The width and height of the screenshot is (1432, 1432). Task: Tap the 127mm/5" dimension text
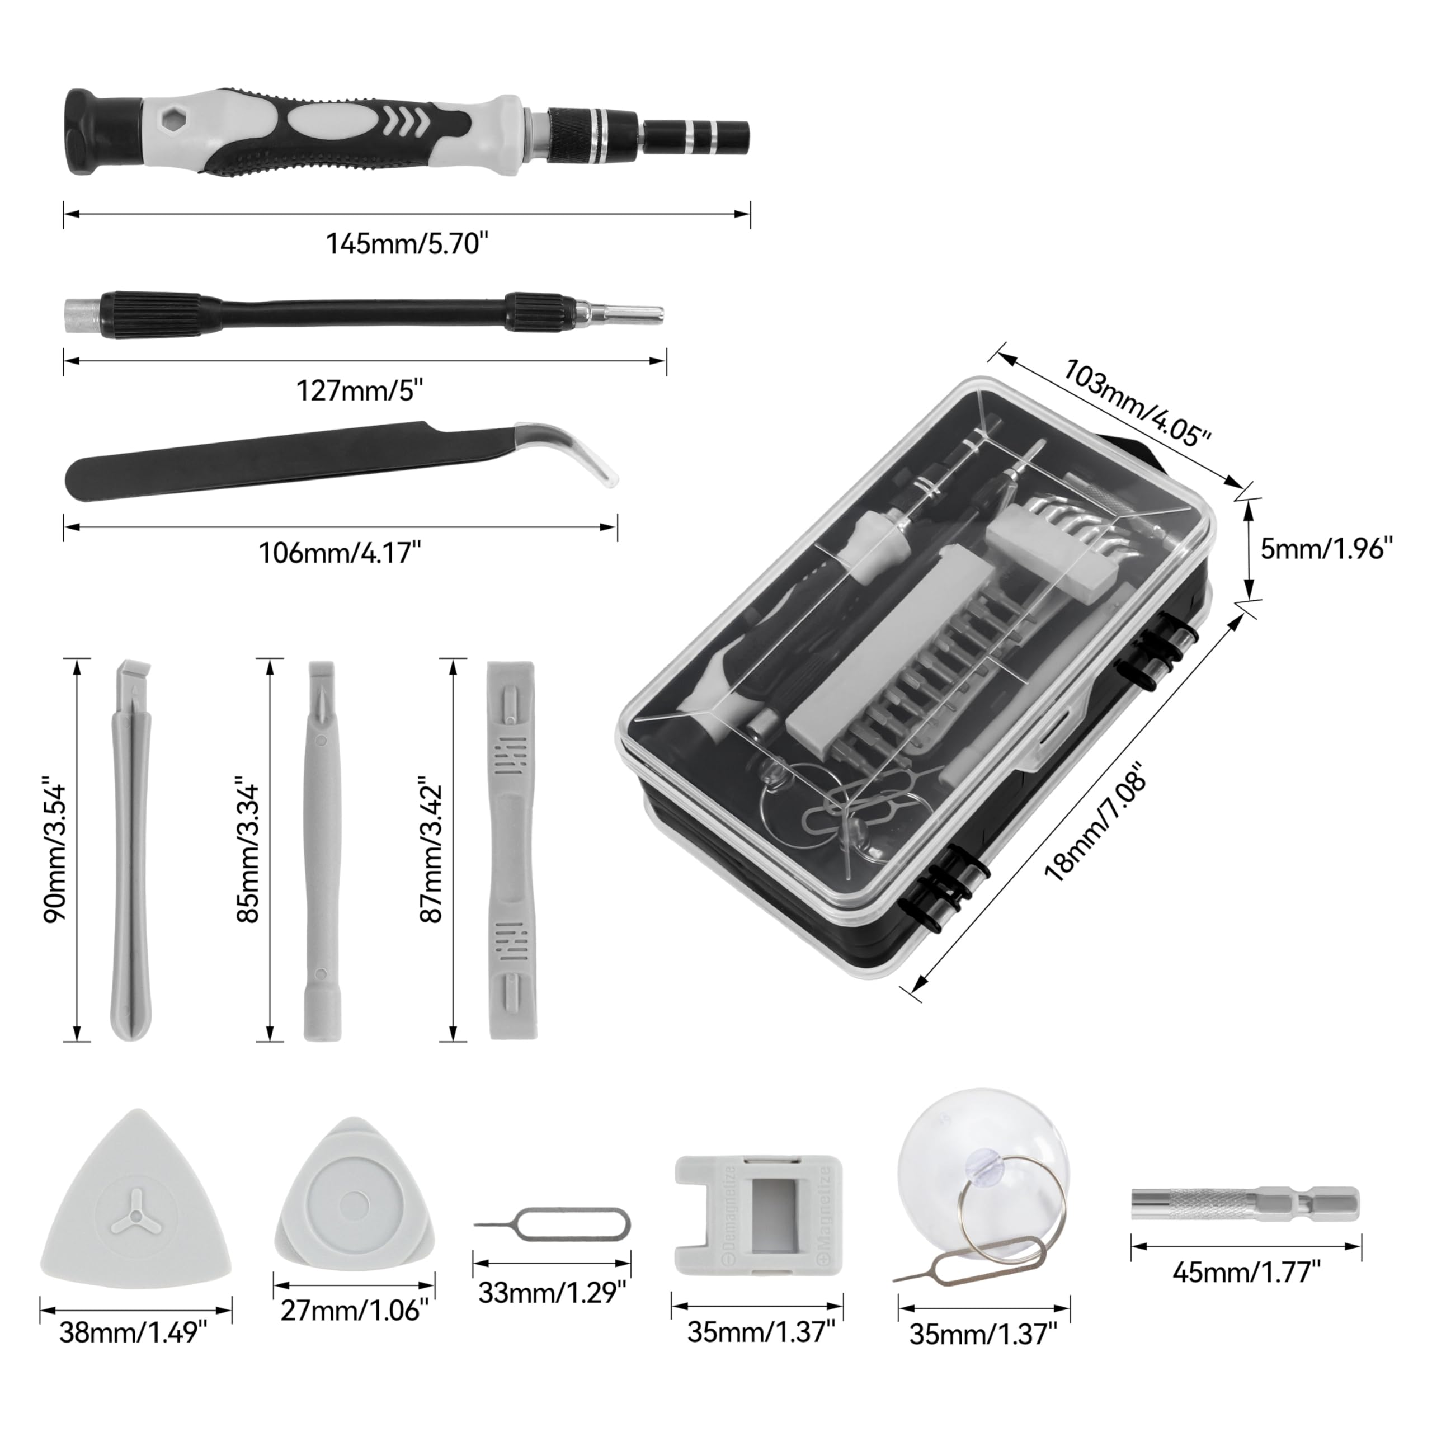[x=360, y=390]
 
